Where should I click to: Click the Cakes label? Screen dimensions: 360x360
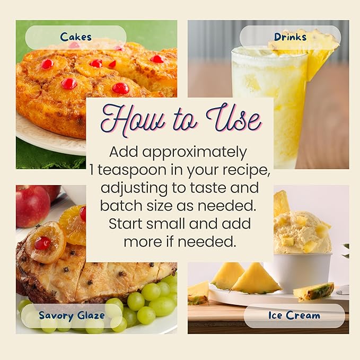pos(76,37)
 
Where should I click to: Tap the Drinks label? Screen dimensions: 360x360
pos(290,37)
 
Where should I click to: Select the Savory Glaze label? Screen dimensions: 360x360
pos(72,315)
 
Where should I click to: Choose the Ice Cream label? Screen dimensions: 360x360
pos(294,315)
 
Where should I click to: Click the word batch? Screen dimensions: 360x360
pos(121,205)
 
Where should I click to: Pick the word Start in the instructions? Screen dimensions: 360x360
pos(126,223)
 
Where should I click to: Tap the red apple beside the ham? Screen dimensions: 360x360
pos(32,206)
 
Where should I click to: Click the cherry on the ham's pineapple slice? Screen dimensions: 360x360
pos(42,243)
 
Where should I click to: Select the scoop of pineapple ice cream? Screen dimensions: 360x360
pos(302,232)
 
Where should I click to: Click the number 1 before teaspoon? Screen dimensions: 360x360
pos(92,170)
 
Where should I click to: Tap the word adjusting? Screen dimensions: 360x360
pos(134,189)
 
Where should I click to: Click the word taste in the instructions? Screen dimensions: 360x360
pos(208,188)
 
